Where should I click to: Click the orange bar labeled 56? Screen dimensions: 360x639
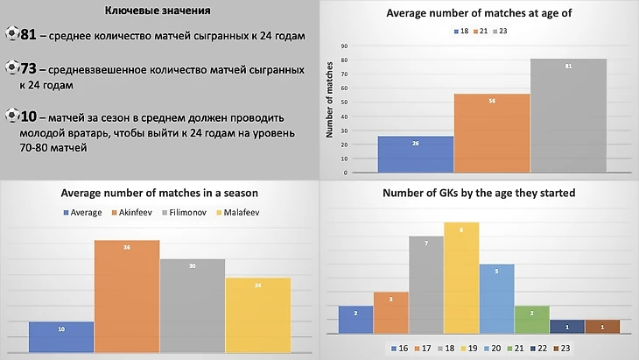click(x=492, y=133)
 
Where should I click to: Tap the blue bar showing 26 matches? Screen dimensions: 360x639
click(x=415, y=154)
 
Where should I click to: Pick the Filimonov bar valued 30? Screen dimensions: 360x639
click(x=192, y=307)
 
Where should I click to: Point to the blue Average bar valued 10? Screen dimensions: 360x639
click(x=61, y=336)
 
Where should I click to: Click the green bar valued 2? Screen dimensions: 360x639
click(x=531, y=320)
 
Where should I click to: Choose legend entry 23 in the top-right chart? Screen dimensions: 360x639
click(x=508, y=31)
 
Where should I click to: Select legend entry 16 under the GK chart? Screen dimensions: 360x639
click(x=401, y=349)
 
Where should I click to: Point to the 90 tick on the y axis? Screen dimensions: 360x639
click(x=344, y=46)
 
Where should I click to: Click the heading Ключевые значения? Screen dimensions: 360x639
click(x=157, y=10)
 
